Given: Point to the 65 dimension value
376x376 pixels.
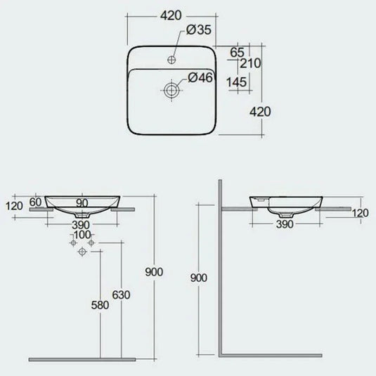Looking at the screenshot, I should pos(236,51).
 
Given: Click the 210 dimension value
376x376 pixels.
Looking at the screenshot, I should pos(250,63).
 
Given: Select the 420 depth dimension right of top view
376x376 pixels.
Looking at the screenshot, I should pos(259,111).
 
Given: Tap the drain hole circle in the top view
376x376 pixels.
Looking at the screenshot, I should pos(171,89).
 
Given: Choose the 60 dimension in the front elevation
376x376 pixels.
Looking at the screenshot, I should pos(37,203).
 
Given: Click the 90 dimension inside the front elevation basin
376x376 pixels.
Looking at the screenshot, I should pos(83,203).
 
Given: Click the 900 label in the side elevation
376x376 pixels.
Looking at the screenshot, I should pos(200,278).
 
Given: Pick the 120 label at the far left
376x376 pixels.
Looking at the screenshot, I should pos(13,206).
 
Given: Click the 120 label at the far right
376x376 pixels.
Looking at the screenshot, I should pos(361,213).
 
